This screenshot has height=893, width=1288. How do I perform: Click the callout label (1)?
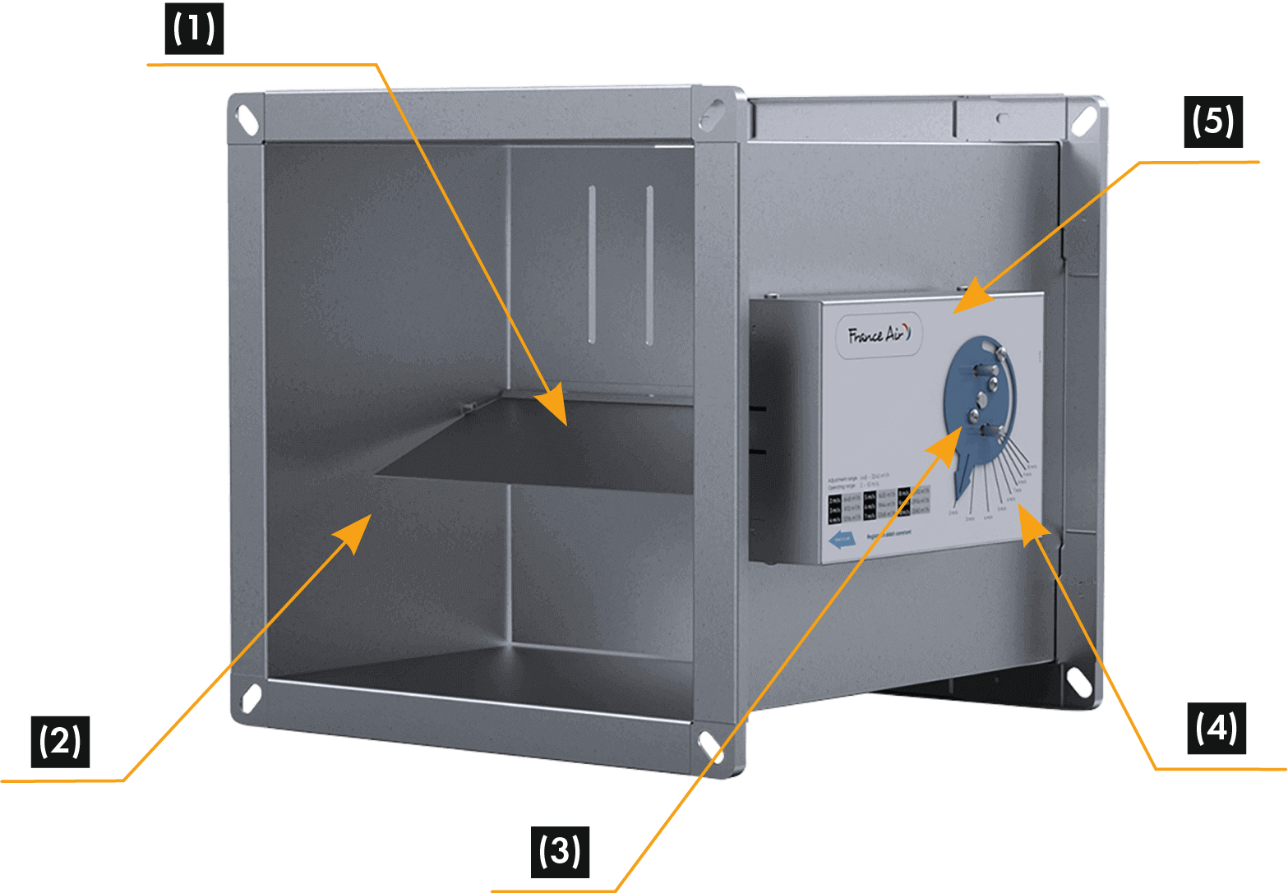click(x=194, y=29)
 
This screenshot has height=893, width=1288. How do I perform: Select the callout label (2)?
click(x=60, y=741)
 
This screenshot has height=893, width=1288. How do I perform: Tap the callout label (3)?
click(x=559, y=850)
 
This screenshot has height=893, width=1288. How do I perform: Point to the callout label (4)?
click(x=1216, y=728)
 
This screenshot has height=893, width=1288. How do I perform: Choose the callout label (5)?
click(x=1213, y=122)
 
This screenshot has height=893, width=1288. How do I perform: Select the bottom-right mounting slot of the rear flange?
click(x=1077, y=681)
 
